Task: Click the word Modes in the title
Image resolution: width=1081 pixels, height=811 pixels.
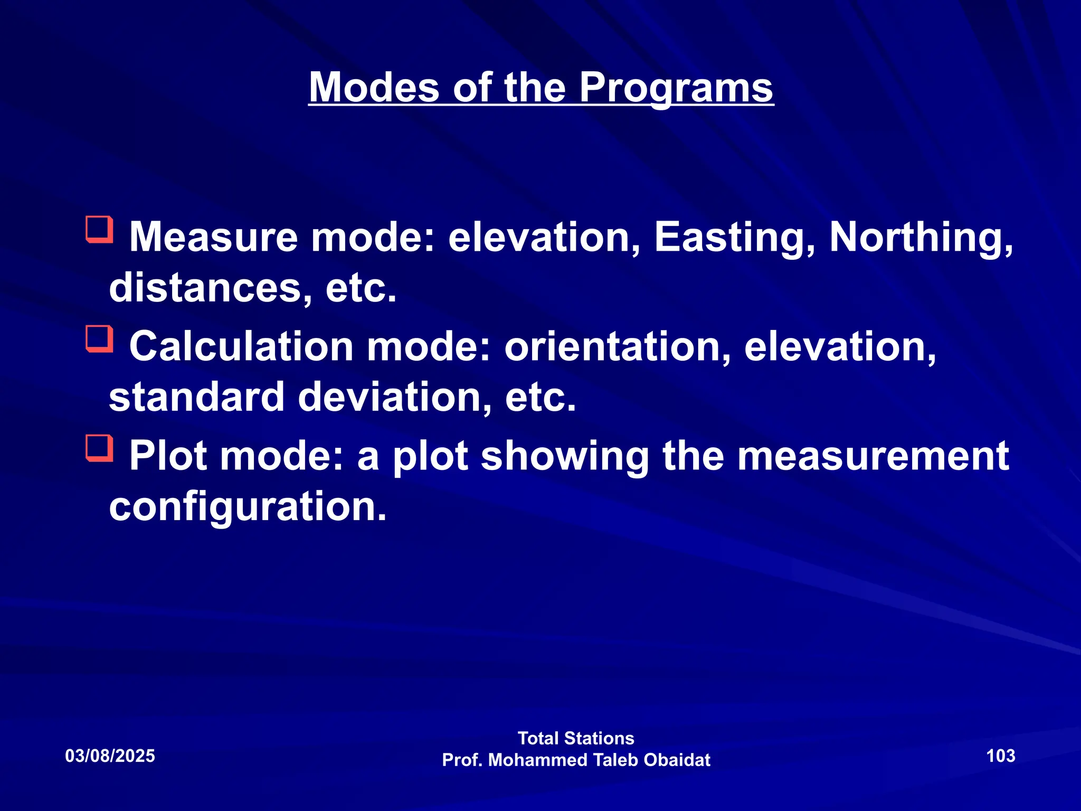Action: point(374,88)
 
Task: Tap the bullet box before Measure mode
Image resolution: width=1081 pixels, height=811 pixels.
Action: point(100,229)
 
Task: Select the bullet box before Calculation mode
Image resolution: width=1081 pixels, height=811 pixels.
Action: point(100,339)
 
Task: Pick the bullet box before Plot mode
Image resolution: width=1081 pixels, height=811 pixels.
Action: point(100,448)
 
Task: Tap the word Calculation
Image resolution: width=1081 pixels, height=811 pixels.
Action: point(241,347)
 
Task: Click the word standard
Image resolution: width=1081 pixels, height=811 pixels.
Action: point(196,398)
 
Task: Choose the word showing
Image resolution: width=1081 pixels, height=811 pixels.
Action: point(565,457)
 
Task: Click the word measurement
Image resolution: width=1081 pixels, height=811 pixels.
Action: point(873,457)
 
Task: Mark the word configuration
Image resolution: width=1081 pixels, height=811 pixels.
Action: point(248,507)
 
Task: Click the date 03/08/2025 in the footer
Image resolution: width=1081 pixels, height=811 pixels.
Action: point(110,756)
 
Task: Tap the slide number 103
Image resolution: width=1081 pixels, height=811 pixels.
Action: point(1001,756)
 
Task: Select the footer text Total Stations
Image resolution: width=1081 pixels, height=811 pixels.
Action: point(576,738)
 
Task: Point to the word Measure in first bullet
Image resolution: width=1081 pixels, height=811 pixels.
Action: point(214,238)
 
